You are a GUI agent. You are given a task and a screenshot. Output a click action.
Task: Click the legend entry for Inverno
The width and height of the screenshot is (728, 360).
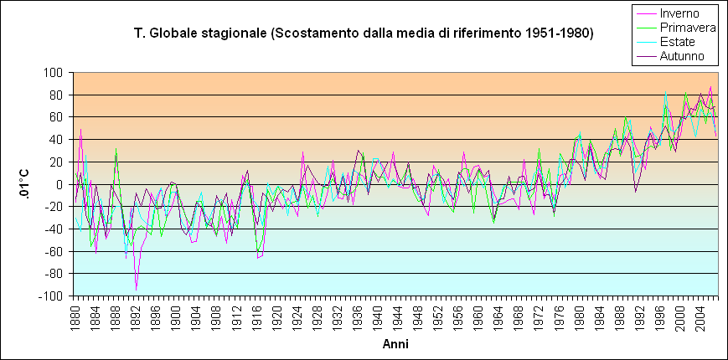pos(686,13)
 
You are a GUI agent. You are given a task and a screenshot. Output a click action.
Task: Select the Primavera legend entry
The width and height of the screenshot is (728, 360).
pos(687,28)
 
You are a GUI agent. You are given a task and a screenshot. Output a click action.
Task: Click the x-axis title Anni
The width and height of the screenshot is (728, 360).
pos(395,344)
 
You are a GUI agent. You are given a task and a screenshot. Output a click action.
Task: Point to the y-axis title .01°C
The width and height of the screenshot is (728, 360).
pos(24,183)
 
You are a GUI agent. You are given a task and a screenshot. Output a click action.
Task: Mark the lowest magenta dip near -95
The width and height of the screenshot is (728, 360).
pos(136,290)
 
